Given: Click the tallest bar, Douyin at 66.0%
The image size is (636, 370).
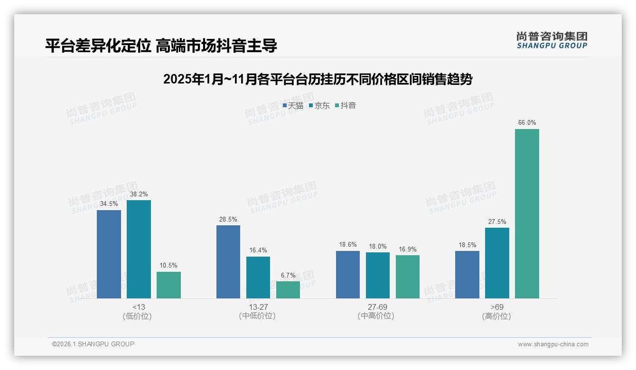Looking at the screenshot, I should coord(527,213).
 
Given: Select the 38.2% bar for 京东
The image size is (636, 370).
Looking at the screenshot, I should coord(139,249).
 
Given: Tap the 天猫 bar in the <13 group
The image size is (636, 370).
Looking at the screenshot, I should coord(109,254).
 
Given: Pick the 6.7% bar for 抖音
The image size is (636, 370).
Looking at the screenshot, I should coord(288,290).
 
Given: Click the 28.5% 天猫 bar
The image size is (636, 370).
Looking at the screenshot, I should coord(228,262).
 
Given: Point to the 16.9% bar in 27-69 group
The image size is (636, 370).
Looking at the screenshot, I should coord(408,277).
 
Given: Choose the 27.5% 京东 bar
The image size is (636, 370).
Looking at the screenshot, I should coord(497,263).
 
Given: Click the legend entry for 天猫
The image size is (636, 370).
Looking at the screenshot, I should coord(293,106).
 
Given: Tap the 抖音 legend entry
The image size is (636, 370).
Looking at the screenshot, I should coord(346,106).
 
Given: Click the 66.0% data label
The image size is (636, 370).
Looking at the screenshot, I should coord(527,122).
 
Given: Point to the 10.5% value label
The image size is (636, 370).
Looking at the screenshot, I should coord(168,265).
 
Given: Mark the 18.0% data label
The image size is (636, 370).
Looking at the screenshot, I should coord(378,246).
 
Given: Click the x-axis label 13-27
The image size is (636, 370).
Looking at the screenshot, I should coord(258,307).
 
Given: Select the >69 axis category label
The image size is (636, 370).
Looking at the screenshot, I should coord(497,307).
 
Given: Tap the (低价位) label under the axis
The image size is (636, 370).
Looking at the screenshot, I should coord(137,316).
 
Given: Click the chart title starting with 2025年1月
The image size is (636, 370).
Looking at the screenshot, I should coord(318,79).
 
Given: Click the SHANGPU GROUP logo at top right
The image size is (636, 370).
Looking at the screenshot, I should coord(552,40).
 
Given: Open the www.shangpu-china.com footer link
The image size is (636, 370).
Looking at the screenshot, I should coord(553,344).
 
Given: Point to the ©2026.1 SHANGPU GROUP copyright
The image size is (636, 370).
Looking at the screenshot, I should coord(93,344).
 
